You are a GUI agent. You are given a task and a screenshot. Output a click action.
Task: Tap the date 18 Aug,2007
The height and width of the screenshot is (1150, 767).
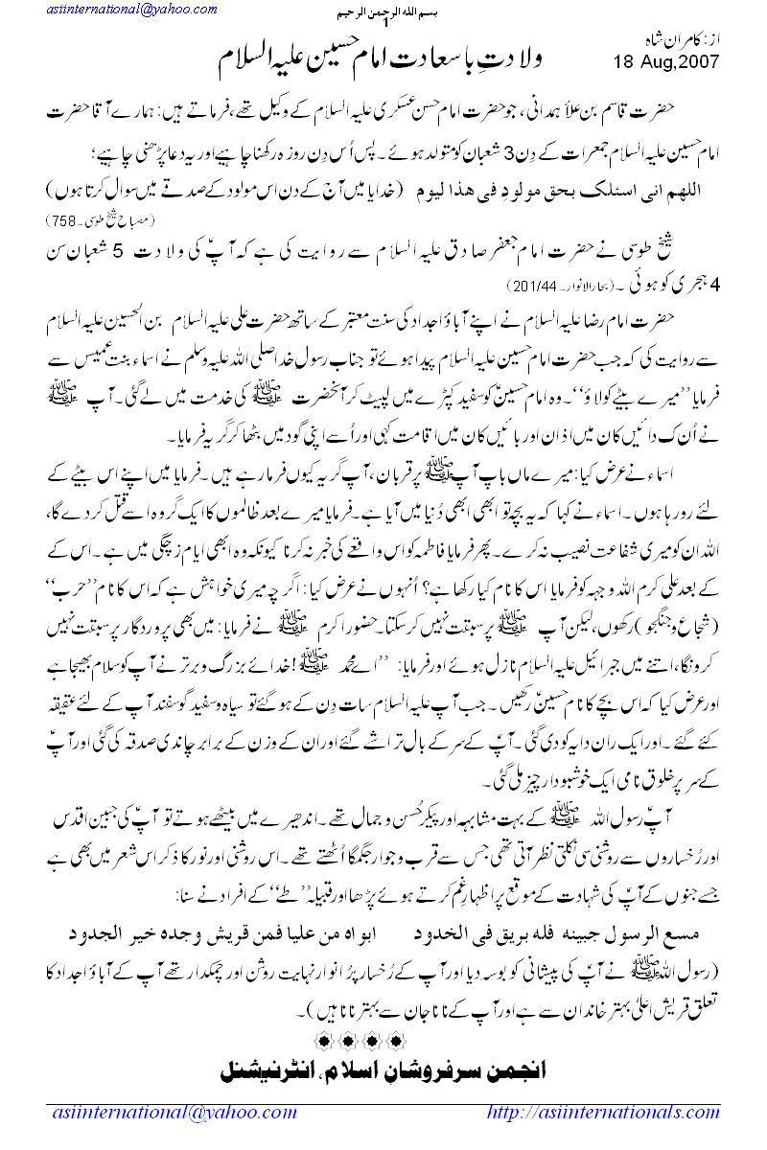[663, 63]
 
